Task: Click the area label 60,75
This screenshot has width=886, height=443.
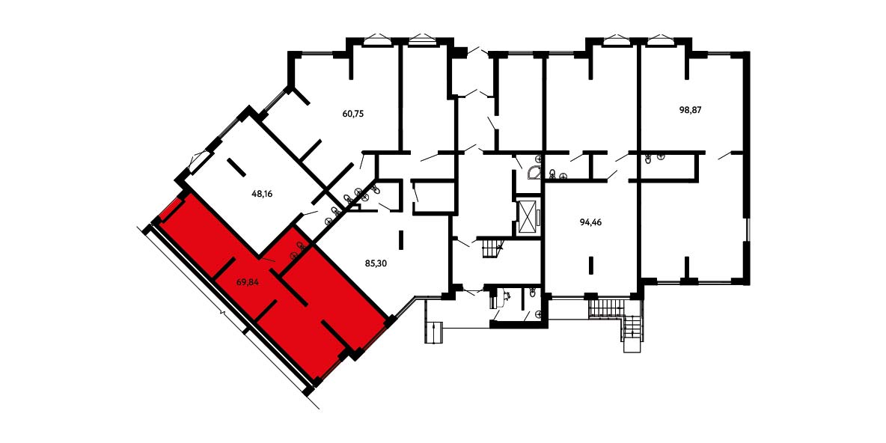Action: coord(352,113)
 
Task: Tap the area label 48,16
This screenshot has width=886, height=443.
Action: coord(262,193)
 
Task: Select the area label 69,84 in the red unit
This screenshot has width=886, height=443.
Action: coord(247,281)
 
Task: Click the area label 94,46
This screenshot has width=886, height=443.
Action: coord(590,222)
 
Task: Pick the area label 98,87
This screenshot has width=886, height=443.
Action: coord(690,110)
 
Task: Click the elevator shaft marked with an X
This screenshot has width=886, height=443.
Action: coord(528,216)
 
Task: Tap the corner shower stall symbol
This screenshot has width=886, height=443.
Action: coord(534,172)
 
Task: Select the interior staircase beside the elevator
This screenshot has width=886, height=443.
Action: coord(491,248)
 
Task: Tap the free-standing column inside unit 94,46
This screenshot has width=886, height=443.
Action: coord(590,265)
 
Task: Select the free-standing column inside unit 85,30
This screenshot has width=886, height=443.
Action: coord(402,239)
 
